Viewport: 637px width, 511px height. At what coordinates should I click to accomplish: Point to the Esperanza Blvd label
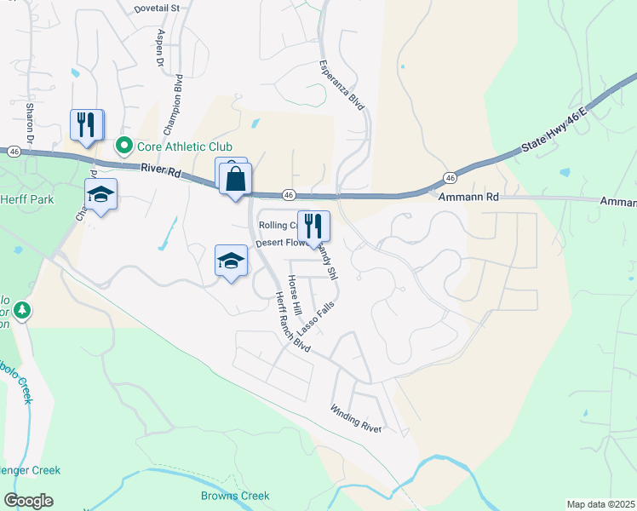(341, 84)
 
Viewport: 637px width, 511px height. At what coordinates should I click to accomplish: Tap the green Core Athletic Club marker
(123, 147)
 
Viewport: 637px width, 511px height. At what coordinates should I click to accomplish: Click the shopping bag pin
(236, 180)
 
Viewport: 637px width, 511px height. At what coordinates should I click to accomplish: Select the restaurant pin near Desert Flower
(313, 227)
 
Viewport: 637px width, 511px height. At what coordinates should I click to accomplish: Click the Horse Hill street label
(296, 293)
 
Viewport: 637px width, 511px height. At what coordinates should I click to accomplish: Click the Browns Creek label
(235, 496)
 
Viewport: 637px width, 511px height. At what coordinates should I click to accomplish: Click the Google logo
(28, 501)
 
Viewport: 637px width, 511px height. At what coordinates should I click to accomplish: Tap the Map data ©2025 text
(600, 504)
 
